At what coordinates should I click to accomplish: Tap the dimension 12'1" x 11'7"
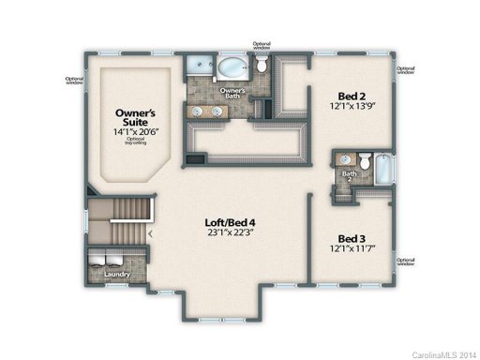pyautogui.click(x=351, y=249)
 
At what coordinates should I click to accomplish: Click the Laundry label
pyautogui.click(x=116, y=275)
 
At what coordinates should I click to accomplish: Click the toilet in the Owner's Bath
pyautogui.click(x=263, y=65)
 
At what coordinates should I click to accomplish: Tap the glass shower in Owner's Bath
pyautogui.click(x=198, y=67)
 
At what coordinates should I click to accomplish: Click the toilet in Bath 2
pyautogui.click(x=367, y=159)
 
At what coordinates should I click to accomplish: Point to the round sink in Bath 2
pyautogui.click(x=347, y=159)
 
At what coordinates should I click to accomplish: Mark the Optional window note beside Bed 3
pyautogui.click(x=406, y=262)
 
